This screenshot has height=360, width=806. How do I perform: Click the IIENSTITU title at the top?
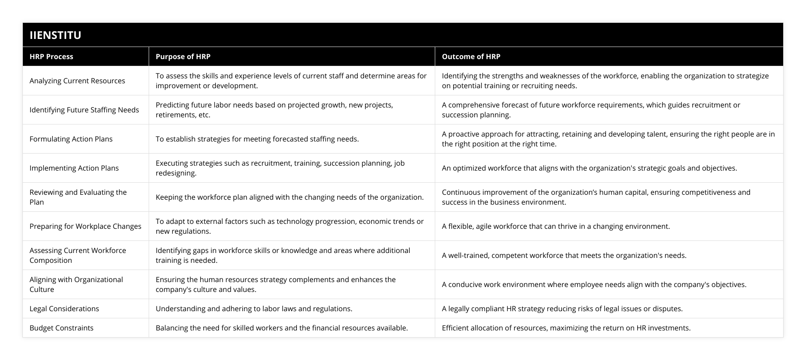coord(56,35)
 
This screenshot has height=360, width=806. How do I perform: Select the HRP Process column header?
coord(51,56)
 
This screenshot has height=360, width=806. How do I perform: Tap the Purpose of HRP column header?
coord(183,56)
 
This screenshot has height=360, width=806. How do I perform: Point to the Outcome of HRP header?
coord(471,56)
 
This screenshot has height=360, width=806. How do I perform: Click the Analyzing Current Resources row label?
coord(77,81)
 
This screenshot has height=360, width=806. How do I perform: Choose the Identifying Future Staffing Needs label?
coord(84,110)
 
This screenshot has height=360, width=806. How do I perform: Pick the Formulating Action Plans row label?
coord(71,139)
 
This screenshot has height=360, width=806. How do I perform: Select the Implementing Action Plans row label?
coord(74,168)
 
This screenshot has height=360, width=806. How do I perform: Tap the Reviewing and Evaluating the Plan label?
coord(78,197)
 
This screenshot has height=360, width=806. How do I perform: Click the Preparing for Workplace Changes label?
coord(86,226)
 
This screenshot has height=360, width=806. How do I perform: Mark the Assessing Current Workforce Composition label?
coord(78,255)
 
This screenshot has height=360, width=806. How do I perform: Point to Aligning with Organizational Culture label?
coord(76,284)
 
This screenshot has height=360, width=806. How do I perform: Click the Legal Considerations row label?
coord(64,309)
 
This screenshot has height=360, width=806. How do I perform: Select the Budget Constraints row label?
coord(62,328)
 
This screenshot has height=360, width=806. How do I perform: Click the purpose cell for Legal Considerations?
coord(254,309)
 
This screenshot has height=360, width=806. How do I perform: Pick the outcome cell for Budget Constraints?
coord(566,328)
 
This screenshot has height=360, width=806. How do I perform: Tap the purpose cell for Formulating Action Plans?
coord(257,139)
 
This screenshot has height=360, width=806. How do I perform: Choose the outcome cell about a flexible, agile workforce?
coord(556,226)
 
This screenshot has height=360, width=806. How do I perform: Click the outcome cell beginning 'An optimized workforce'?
coord(589,168)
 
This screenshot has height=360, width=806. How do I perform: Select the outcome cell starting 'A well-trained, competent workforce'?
coord(564,255)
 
